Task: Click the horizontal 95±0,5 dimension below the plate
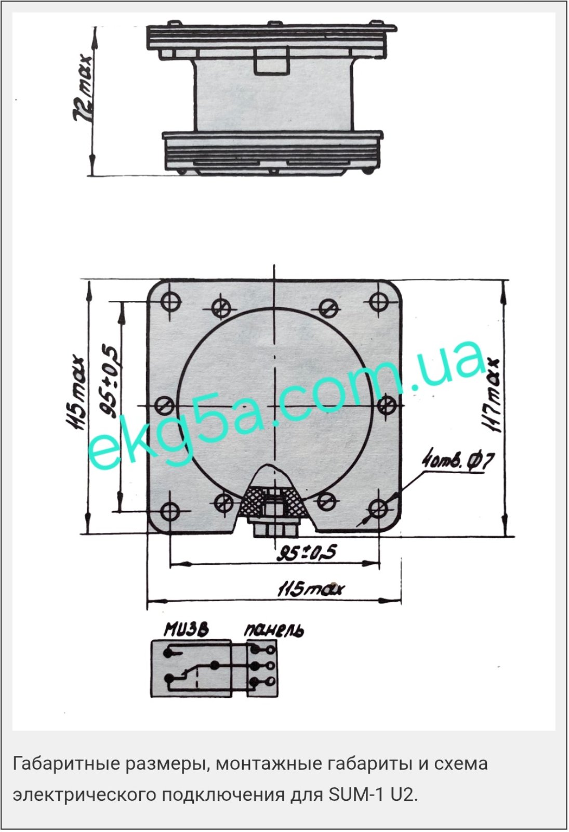point(307,553)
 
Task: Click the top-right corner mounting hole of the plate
point(379,301)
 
